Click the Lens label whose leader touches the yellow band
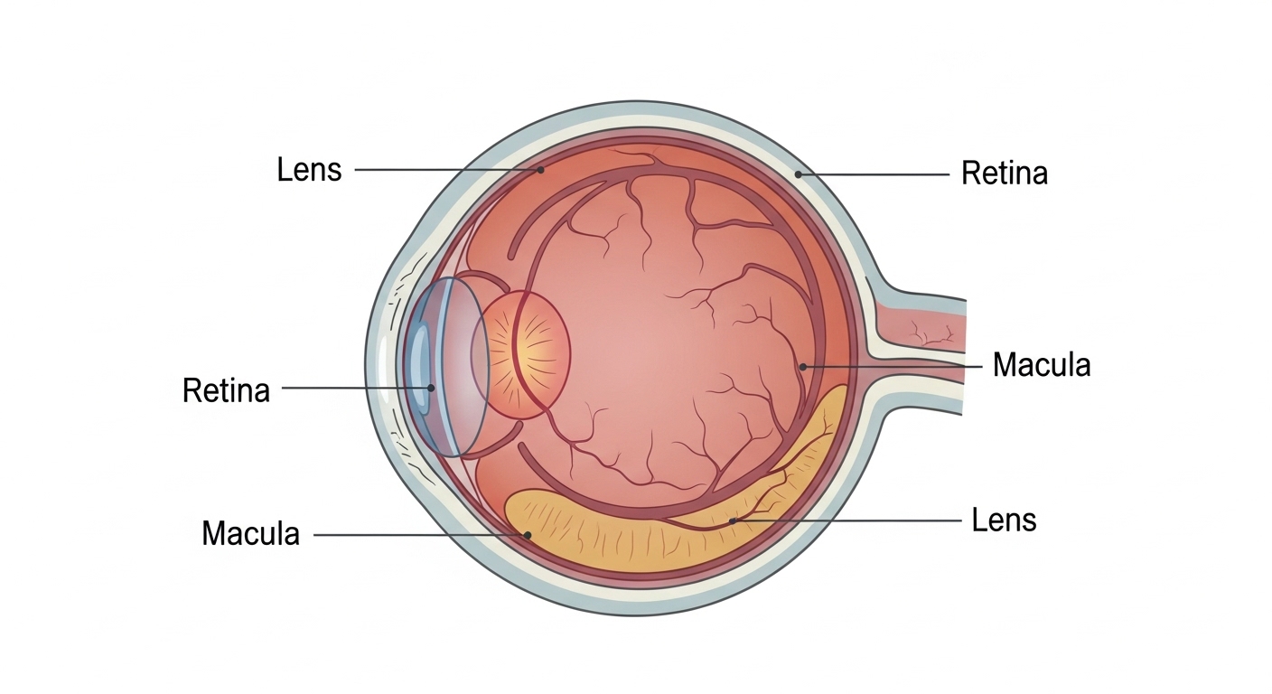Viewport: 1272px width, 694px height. click(1004, 520)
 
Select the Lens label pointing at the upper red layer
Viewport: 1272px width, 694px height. click(309, 169)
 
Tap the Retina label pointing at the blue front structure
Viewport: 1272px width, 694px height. click(226, 390)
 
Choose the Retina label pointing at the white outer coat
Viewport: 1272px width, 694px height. click(1004, 173)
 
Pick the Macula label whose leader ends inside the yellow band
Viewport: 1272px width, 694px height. click(250, 533)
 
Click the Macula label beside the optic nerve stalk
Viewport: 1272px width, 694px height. click(1041, 365)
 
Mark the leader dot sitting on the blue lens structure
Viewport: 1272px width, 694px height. click(431, 389)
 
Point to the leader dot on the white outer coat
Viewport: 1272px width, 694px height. click(798, 172)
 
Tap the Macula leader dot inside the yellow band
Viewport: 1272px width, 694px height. click(527, 534)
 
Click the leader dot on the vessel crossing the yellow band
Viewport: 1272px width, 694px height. click(733, 520)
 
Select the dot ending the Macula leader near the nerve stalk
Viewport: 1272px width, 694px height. click(802, 366)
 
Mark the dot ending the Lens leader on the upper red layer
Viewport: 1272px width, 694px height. click(540, 169)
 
